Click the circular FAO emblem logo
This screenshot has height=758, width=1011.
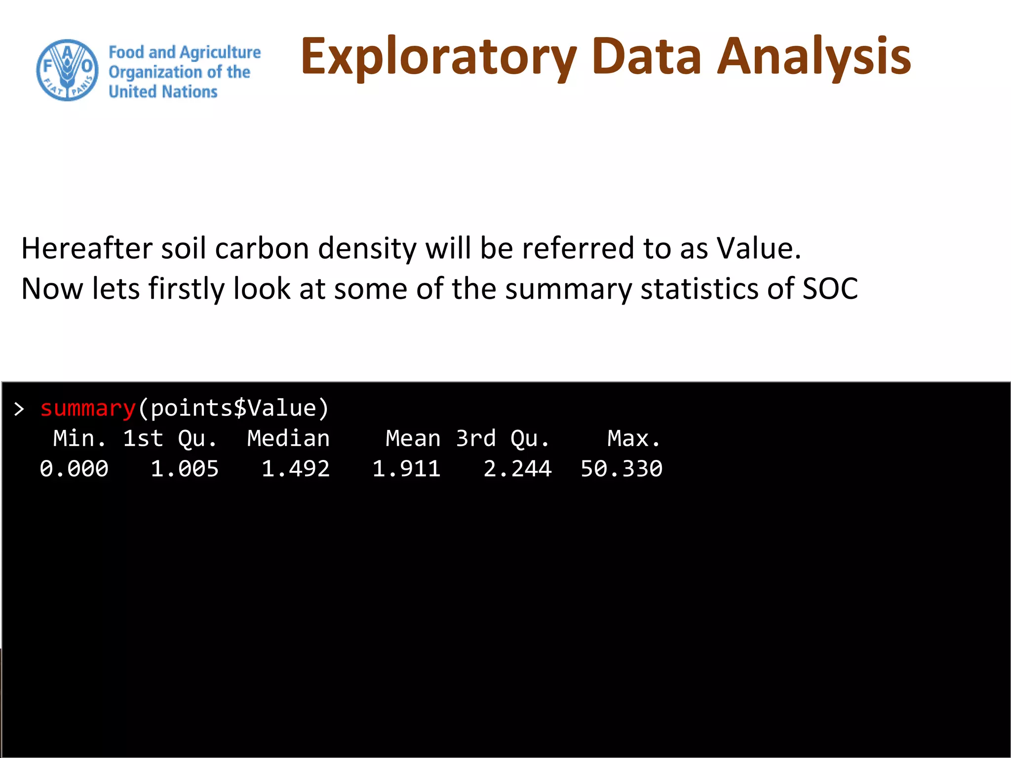tap(68, 70)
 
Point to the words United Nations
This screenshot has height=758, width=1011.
tap(163, 92)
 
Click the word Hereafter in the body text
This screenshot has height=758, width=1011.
tap(86, 248)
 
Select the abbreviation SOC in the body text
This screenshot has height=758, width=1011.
tap(830, 289)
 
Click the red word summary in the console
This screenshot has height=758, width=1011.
tap(88, 409)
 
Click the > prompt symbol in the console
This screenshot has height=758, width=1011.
tap(19, 409)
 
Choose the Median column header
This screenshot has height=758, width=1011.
tap(288, 439)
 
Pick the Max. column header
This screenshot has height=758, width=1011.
tap(634, 439)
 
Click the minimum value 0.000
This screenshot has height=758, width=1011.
tap(74, 469)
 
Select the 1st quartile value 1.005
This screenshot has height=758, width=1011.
tap(185, 469)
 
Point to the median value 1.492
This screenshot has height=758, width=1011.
tap(295, 469)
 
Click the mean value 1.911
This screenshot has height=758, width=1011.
tap(406, 469)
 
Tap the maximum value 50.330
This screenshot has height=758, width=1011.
tap(621, 469)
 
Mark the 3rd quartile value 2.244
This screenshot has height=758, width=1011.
tap(517, 469)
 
